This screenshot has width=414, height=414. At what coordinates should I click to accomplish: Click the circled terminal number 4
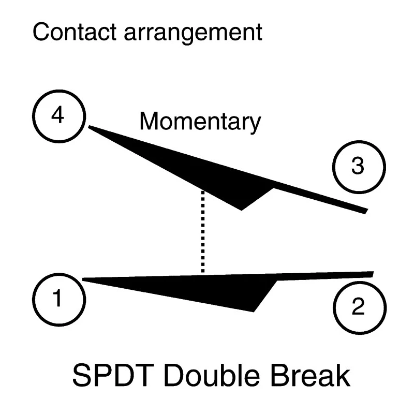pos(59,116)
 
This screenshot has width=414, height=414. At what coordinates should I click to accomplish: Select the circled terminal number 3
pos(359,167)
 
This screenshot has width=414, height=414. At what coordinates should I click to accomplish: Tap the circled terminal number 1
pos(59,300)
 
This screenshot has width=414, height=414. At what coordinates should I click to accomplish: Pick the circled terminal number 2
pos(360,308)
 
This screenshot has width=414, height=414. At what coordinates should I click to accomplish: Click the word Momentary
pos(200,122)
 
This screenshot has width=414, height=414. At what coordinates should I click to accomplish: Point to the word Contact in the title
pos(75,32)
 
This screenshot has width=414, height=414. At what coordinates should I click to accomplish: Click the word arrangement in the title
pos(193,33)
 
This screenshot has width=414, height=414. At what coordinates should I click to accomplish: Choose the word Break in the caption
pos(310,375)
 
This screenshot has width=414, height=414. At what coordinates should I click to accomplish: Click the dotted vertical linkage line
pos(203,231)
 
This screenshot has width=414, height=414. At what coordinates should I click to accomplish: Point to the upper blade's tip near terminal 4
pos(88,127)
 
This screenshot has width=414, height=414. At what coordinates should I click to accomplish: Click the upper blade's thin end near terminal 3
pos(366,211)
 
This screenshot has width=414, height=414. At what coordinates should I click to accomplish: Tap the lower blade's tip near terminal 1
pos(83,279)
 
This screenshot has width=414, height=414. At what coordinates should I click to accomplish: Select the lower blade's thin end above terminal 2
pos(373,274)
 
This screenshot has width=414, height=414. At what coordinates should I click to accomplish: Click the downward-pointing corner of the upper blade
pos(241,210)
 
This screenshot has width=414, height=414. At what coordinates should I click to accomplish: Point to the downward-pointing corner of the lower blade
pos(254,312)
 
